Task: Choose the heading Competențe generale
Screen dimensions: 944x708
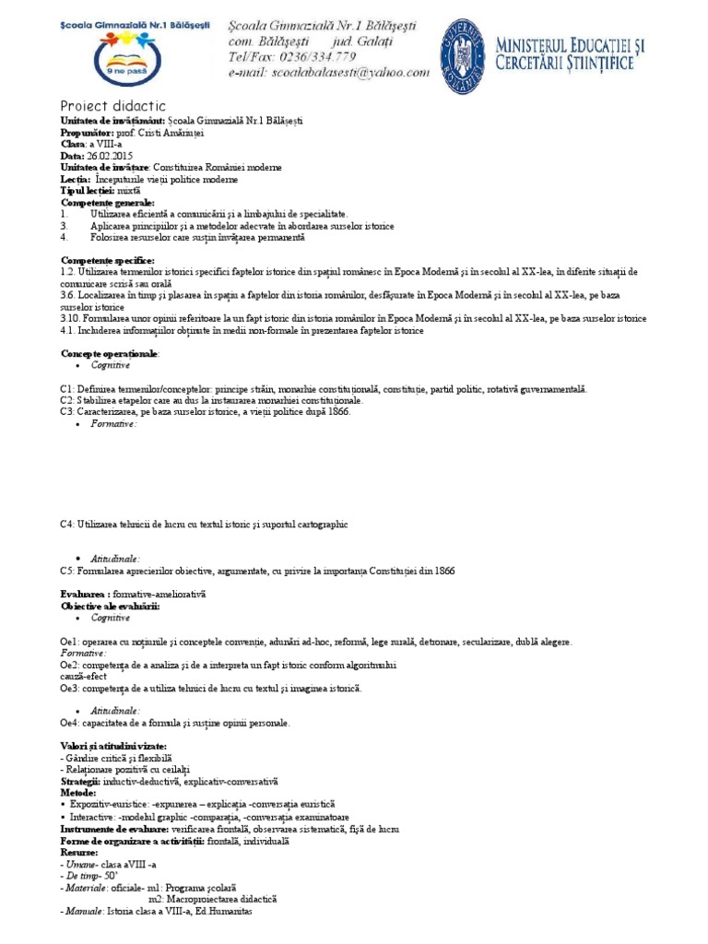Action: tap(108, 202)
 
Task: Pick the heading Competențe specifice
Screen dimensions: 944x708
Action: tap(107, 261)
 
